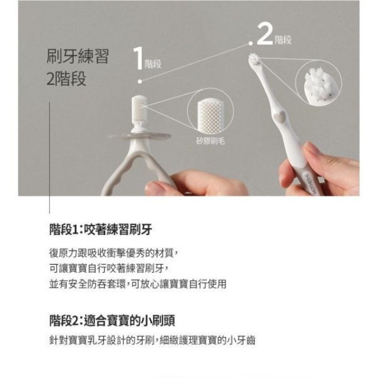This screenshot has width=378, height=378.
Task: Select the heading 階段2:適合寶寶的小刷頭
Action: pos(112,320)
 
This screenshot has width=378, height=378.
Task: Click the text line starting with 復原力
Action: pos(113,252)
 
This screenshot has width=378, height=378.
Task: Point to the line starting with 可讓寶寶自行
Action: pos(116,268)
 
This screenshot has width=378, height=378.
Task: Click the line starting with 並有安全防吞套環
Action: pos(138,283)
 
